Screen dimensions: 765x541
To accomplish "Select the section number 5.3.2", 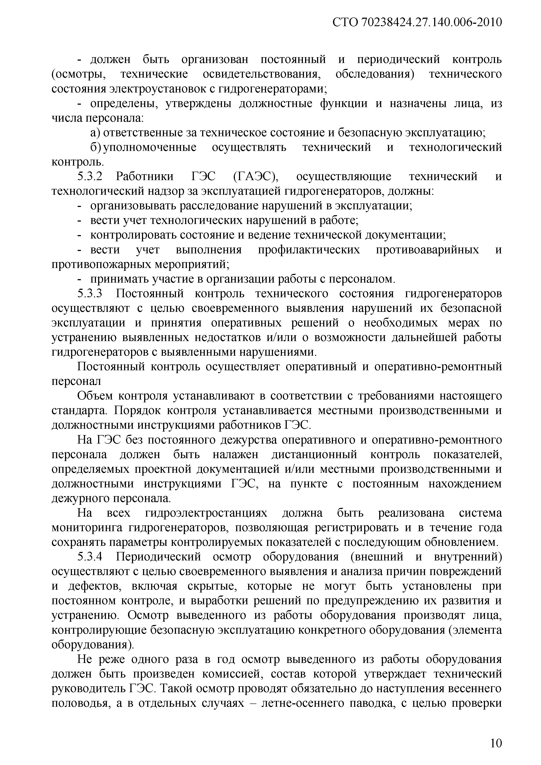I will point(89,176).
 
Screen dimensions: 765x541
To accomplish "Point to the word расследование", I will point(219,206).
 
